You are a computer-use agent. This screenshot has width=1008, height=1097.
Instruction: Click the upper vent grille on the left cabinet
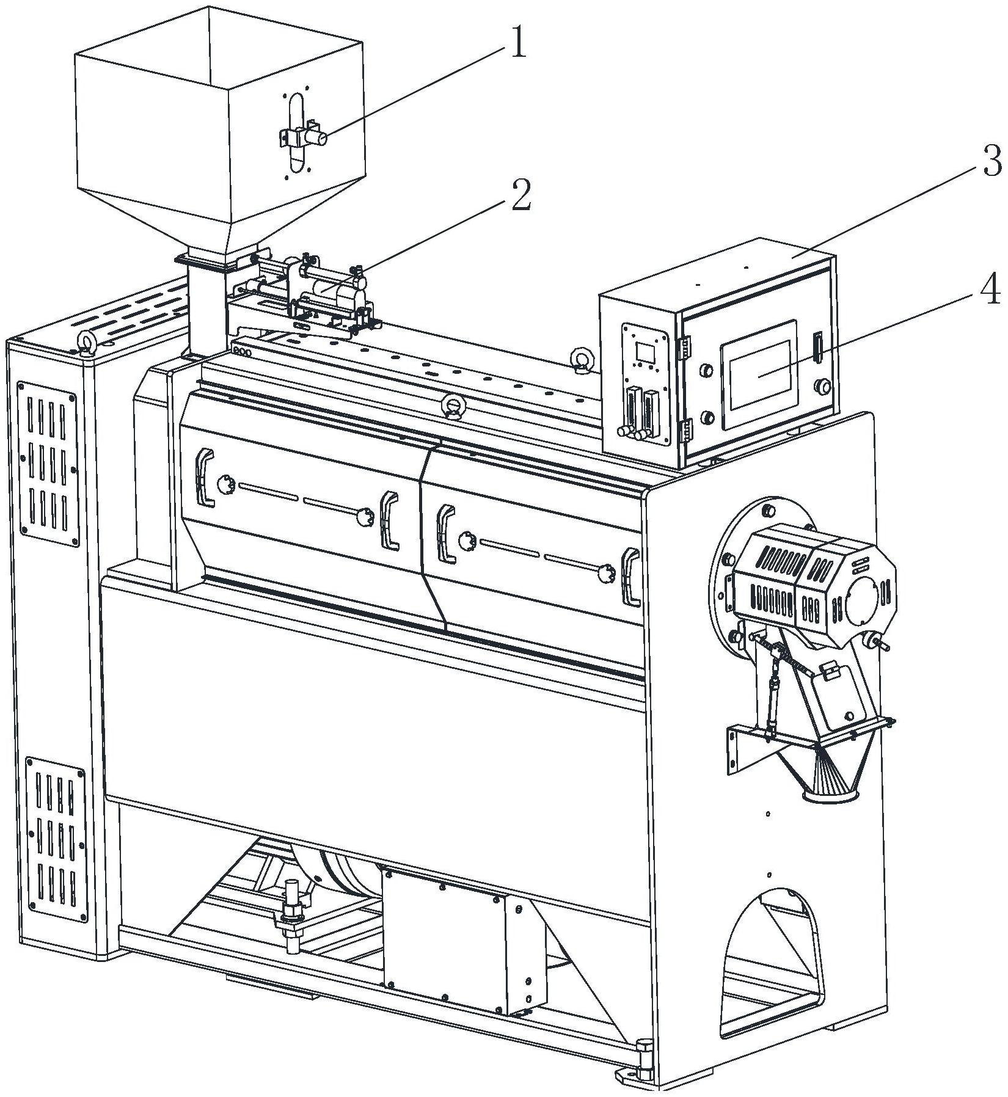[48, 464]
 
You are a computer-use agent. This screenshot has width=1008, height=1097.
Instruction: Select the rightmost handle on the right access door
[629, 578]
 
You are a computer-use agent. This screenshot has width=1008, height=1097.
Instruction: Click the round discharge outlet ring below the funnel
[830, 795]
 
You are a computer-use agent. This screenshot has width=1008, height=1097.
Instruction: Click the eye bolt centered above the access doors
[453, 407]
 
